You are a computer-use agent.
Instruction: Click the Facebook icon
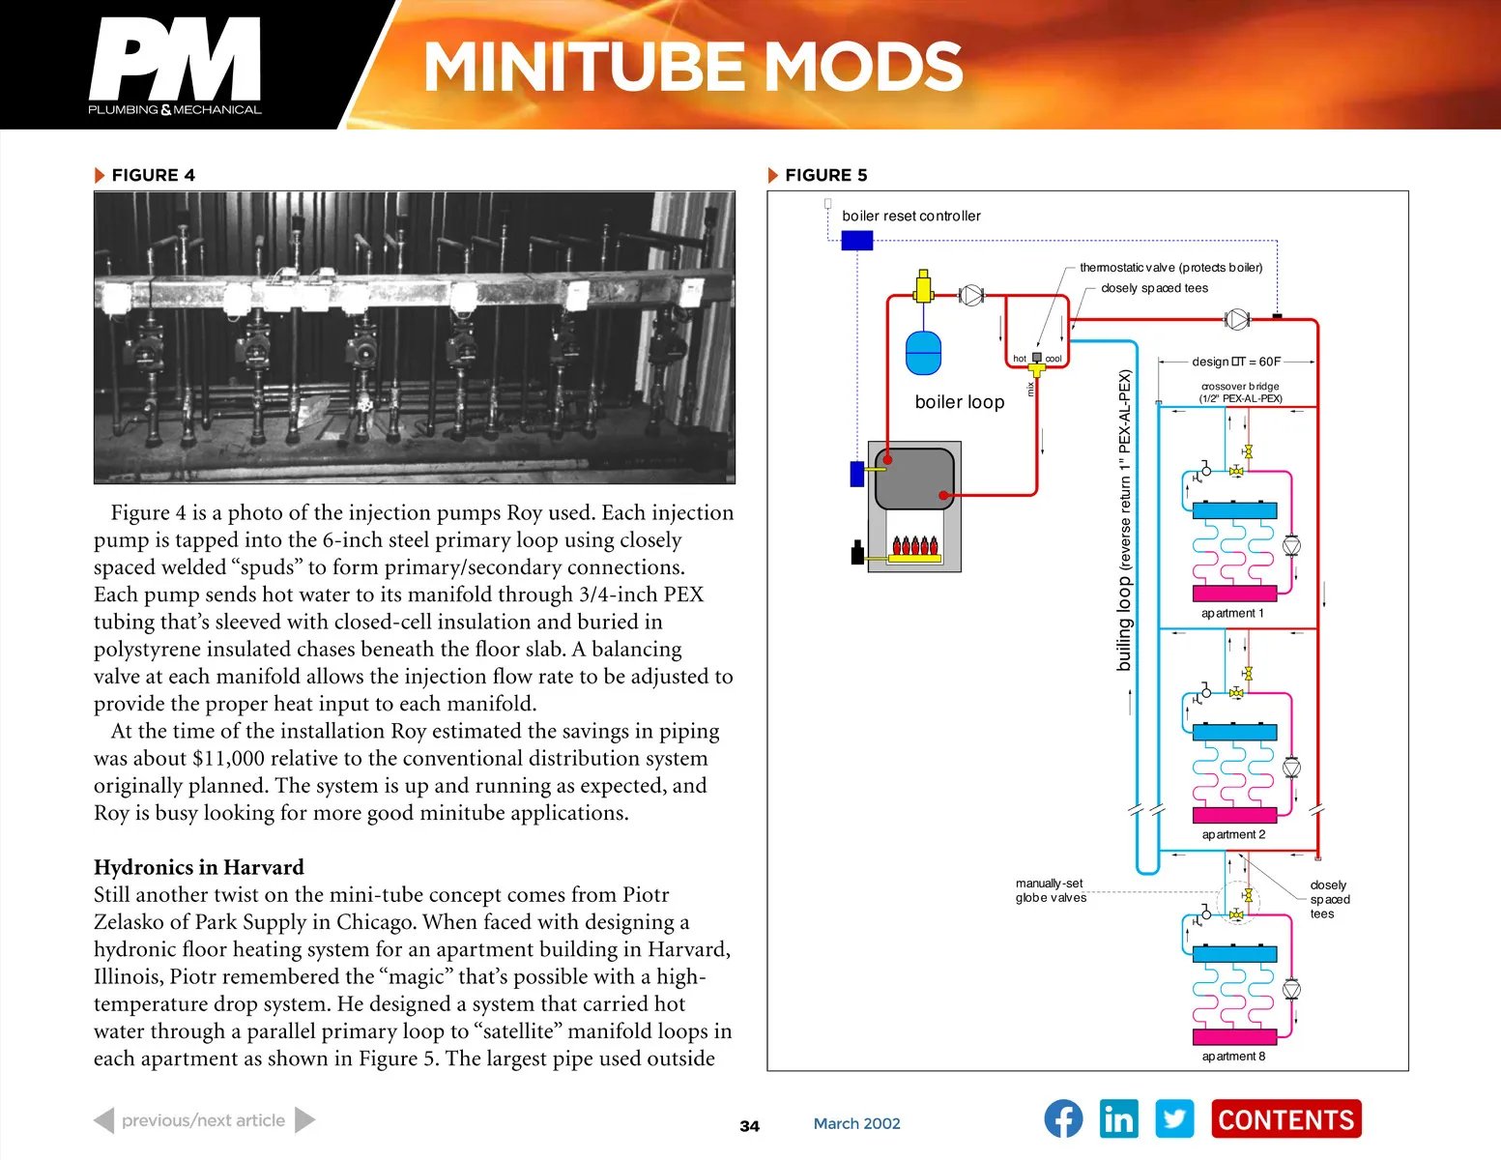(1063, 1118)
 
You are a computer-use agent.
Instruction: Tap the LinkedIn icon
(1119, 1118)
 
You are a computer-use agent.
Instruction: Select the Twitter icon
(1174, 1118)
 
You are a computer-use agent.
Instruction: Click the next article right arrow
(304, 1119)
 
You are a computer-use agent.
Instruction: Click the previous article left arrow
(104, 1119)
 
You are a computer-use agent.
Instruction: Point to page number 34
(749, 1125)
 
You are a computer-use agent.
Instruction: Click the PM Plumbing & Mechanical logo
(175, 66)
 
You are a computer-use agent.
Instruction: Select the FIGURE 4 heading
(153, 175)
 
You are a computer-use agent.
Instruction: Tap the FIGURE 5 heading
(825, 175)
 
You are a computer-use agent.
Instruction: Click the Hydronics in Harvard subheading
(198, 867)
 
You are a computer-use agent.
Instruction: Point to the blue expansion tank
(923, 353)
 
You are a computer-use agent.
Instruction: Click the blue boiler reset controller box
(857, 241)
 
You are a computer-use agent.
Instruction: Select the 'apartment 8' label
(1233, 1057)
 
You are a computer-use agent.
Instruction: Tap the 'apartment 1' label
(1232, 613)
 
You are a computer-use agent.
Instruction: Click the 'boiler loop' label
(960, 402)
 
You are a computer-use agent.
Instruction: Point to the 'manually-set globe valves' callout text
(1051, 890)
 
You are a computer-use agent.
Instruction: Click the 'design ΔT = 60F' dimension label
(1236, 362)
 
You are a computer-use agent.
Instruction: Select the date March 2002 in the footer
(856, 1123)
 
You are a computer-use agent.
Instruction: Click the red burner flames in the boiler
(914, 546)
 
